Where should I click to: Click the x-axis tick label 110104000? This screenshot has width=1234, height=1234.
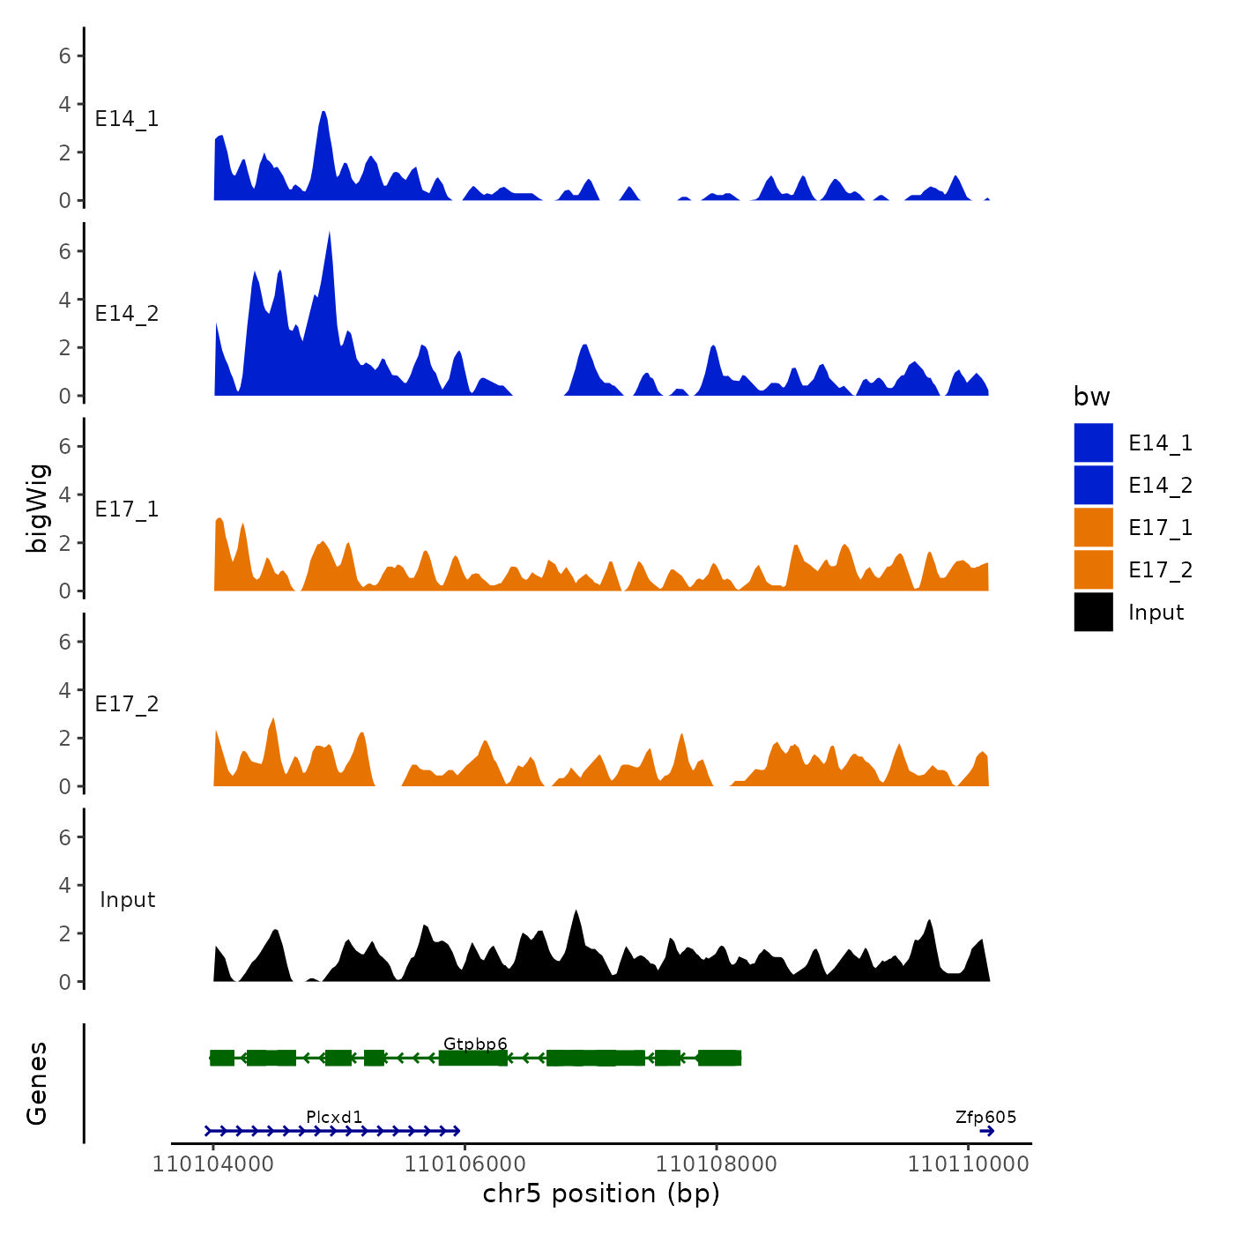pyautogui.click(x=213, y=1164)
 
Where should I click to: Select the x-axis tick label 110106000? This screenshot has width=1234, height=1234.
pyautogui.click(x=465, y=1164)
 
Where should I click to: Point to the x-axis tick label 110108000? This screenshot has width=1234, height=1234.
pyautogui.click(x=717, y=1164)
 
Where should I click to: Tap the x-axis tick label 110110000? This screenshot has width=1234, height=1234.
pyautogui.click(x=968, y=1164)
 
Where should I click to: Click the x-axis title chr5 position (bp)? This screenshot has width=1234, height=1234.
pyautogui.click(x=601, y=1194)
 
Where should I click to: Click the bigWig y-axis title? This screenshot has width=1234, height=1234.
pyautogui.click(x=37, y=509)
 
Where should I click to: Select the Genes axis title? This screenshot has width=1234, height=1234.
pyautogui.click(x=37, y=1083)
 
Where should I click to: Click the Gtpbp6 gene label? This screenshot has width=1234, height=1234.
pyautogui.click(x=475, y=1044)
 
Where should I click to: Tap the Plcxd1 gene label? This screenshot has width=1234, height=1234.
pyautogui.click(x=334, y=1118)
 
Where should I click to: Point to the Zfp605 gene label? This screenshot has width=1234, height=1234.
pyautogui.click(x=985, y=1118)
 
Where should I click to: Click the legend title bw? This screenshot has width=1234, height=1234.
pyautogui.click(x=1091, y=398)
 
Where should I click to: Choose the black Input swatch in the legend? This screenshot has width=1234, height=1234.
pyautogui.click(x=1093, y=613)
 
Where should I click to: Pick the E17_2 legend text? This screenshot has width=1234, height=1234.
pyautogui.click(x=1160, y=570)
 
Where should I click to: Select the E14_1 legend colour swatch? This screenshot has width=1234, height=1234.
pyautogui.click(x=1093, y=442)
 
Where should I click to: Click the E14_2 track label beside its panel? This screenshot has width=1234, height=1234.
pyautogui.click(x=127, y=314)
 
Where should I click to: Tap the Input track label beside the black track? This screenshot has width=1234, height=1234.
pyautogui.click(x=127, y=900)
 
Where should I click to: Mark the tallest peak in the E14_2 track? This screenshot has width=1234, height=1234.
pyautogui.click(x=329, y=234)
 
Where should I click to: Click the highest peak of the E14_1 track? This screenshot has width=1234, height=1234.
pyautogui.click(x=323, y=114)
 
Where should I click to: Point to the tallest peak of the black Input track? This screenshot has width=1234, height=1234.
pyautogui.click(x=576, y=912)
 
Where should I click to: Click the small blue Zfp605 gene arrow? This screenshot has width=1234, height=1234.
pyautogui.click(x=986, y=1131)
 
